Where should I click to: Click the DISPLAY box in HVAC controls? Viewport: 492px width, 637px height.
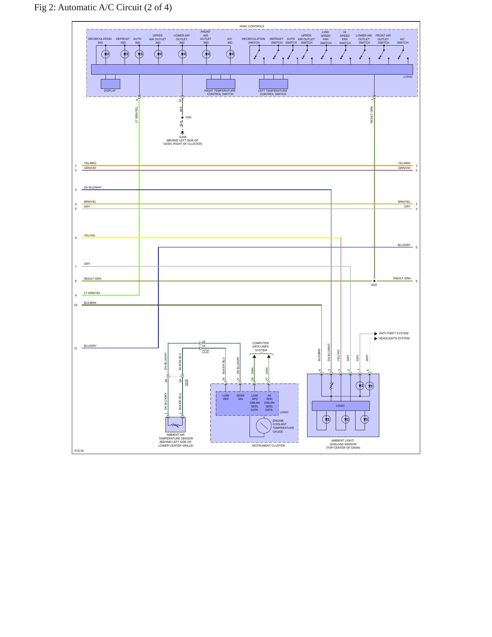tap(110, 84)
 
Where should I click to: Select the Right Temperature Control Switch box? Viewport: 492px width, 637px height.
tap(221, 84)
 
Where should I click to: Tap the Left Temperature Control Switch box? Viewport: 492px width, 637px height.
tap(273, 84)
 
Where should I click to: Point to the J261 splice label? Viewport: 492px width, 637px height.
tap(188, 117)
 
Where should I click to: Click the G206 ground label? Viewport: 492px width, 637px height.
tap(183, 137)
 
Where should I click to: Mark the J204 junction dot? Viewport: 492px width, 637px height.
tap(374, 281)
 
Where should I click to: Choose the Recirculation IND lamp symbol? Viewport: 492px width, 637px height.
tap(106, 54)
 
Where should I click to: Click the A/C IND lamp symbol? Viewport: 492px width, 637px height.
tap(231, 54)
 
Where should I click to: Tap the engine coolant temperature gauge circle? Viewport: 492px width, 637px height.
tap(264, 426)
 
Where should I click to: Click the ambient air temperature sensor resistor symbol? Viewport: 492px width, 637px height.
tap(175, 425)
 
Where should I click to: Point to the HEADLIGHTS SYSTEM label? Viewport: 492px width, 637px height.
tap(394, 338)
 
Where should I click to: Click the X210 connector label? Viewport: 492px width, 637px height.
tap(205, 351)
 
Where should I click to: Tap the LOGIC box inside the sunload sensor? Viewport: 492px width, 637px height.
tap(340, 406)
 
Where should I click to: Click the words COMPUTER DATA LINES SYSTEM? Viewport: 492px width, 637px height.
tap(261, 346)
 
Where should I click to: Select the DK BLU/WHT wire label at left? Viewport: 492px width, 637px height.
tap(93, 187)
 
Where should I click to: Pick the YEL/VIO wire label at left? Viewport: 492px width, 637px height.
tap(90, 235)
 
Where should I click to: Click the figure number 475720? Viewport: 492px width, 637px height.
tap(79, 451)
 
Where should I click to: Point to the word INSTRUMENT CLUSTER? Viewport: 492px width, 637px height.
tap(268, 446)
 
